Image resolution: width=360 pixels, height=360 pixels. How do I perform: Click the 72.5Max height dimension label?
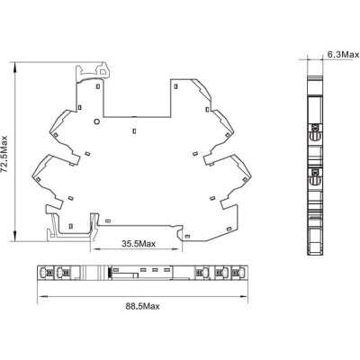pyautogui.click(x=5, y=154)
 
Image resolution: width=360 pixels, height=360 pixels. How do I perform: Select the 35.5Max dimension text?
pyautogui.click(x=139, y=244)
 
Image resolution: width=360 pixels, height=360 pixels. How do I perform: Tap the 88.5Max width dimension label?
pyautogui.click(x=142, y=306)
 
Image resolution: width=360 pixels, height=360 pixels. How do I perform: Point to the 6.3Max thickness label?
pyautogui.click(x=343, y=55)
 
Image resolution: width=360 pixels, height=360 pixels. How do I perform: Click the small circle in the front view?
pyautogui.click(x=97, y=121)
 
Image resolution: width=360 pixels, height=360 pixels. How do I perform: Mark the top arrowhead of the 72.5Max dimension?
pyautogui.click(x=15, y=67)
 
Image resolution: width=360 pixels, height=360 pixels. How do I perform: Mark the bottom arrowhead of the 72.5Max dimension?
pyautogui.click(x=15, y=236)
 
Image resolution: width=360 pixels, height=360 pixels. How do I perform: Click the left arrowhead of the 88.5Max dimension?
pyautogui.click(x=42, y=296)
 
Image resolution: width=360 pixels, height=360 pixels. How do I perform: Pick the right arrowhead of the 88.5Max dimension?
pyautogui.click(x=243, y=296)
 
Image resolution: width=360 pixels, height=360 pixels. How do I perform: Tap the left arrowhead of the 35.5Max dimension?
pyautogui.click(x=95, y=248)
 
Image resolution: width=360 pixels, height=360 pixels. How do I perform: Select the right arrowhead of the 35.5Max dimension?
pyautogui.click(x=177, y=248)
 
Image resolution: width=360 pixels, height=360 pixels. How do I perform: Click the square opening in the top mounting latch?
pyautogui.click(x=103, y=72)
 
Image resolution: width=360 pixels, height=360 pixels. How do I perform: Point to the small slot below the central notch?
pyautogui.click(x=134, y=130)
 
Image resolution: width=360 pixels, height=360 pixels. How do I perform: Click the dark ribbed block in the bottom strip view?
pyautogui.click(x=109, y=273)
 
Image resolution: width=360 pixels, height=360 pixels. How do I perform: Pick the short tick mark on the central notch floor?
pyautogui.click(x=135, y=116)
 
